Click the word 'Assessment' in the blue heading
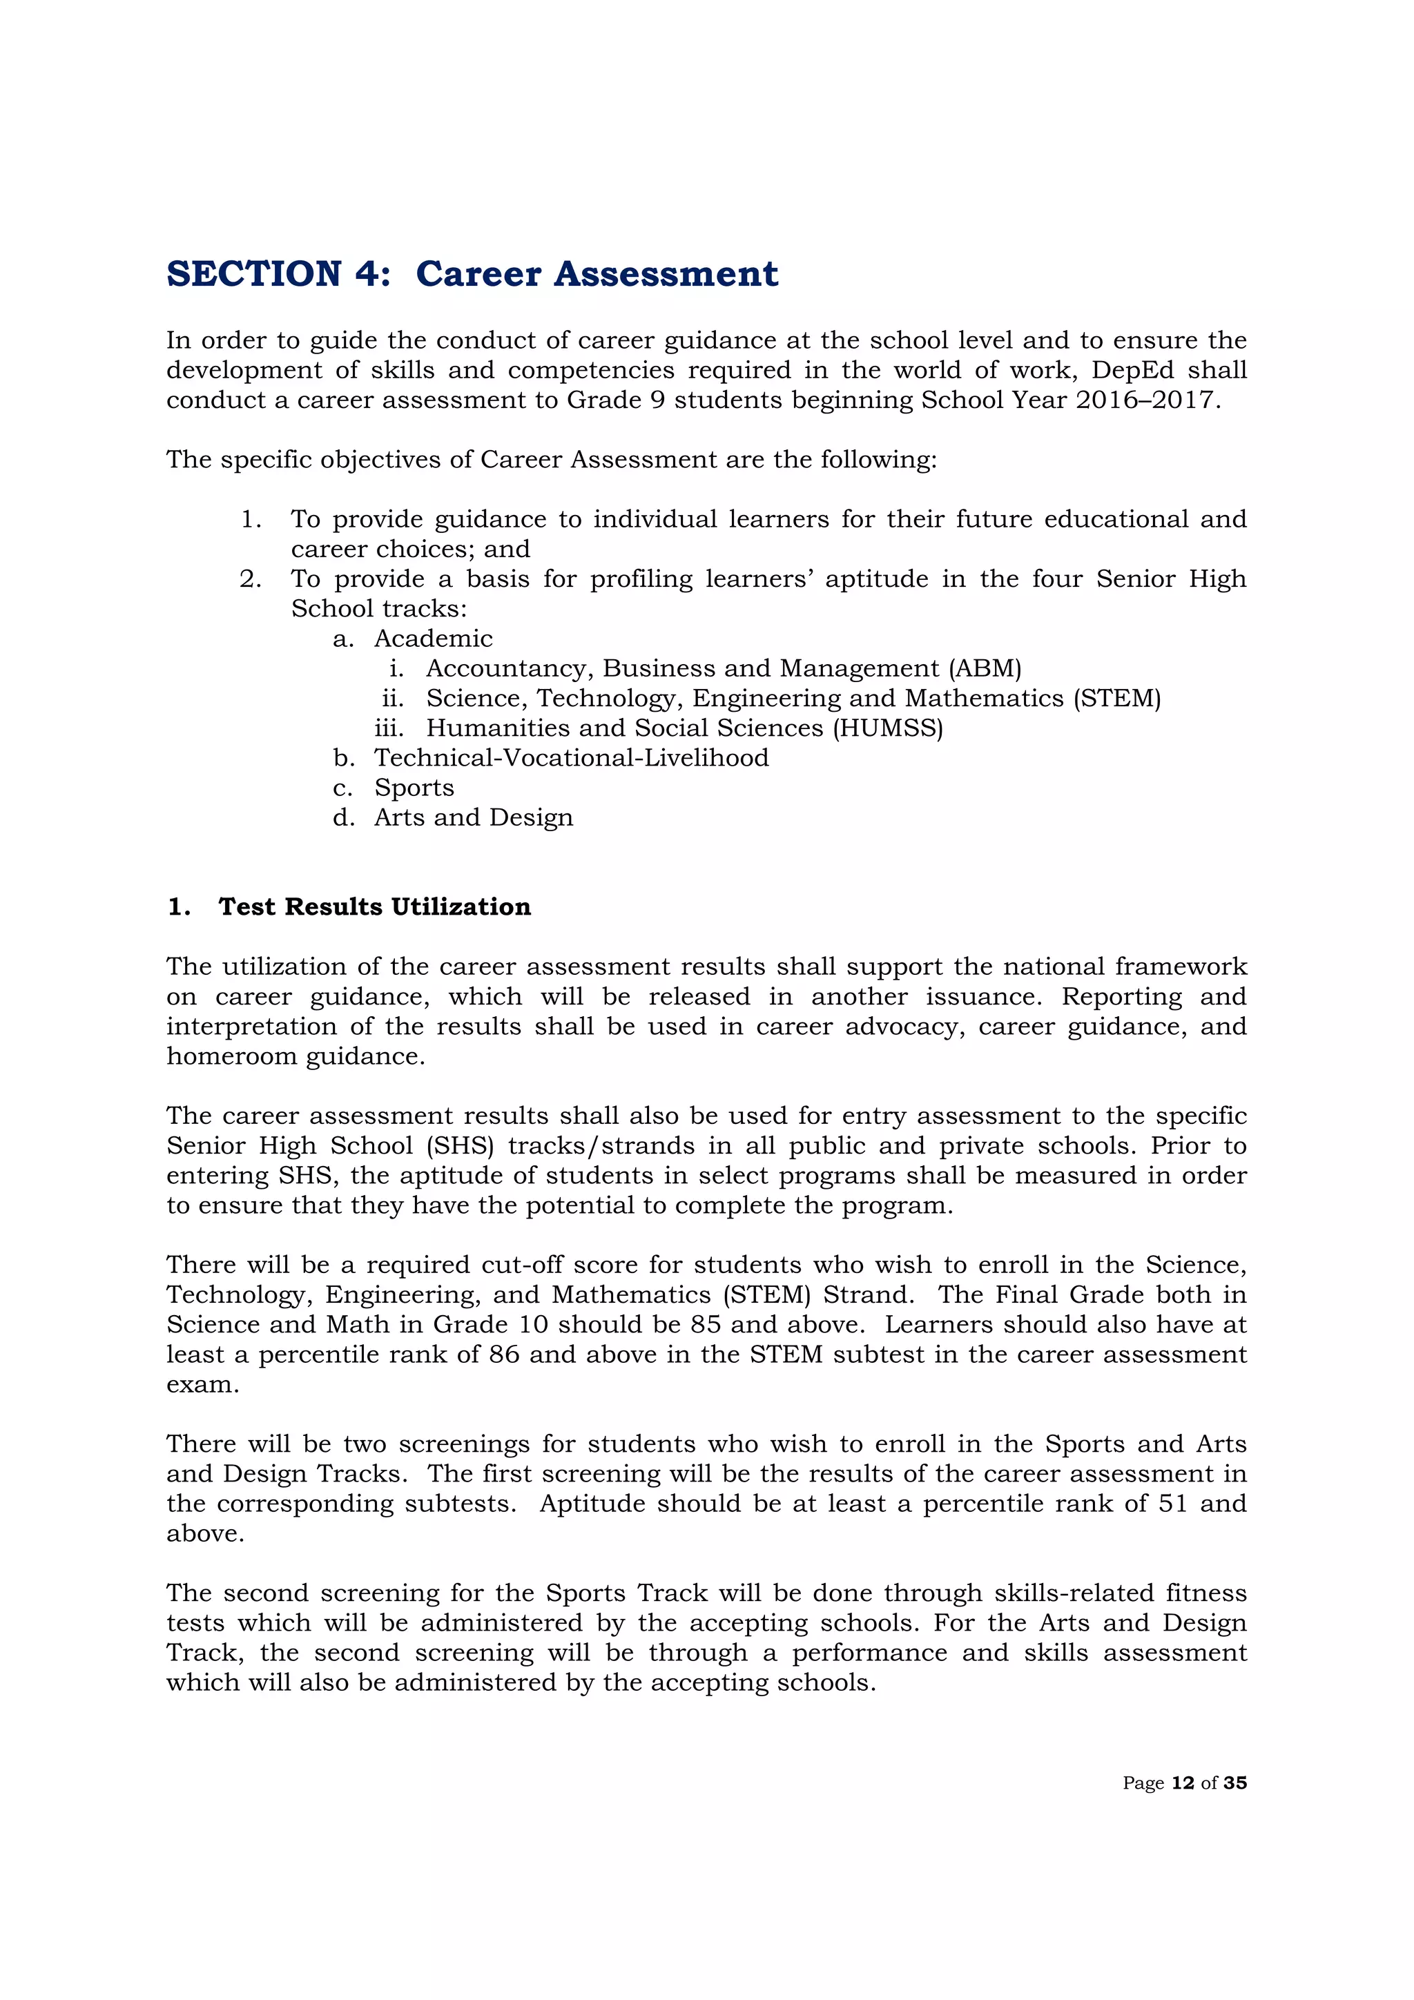click(x=666, y=273)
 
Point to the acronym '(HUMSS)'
click(x=888, y=728)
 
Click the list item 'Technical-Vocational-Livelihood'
click(x=572, y=758)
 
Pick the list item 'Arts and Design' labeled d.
click(x=474, y=817)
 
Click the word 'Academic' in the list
click(x=433, y=639)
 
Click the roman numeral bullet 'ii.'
click(x=393, y=699)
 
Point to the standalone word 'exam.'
click(x=202, y=1384)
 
